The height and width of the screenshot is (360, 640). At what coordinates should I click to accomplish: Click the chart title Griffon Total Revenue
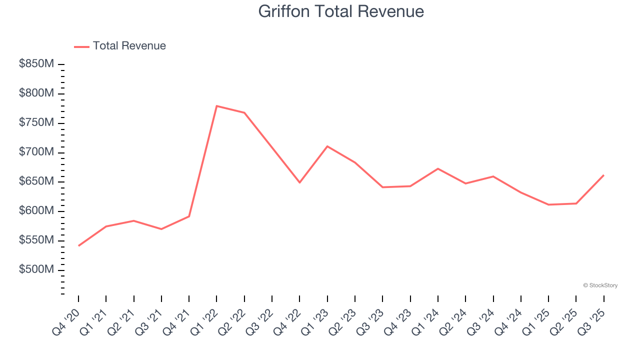pyautogui.click(x=341, y=11)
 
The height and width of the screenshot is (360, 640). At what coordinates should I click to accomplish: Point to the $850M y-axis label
pyautogui.click(x=36, y=64)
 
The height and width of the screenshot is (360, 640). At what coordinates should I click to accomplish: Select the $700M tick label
pyautogui.click(x=36, y=152)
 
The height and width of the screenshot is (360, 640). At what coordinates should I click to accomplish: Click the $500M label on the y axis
pyautogui.click(x=36, y=269)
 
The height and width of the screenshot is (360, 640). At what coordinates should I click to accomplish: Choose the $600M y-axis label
pyautogui.click(x=36, y=211)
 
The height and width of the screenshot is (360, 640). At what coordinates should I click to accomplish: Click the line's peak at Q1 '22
pyautogui.click(x=216, y=106)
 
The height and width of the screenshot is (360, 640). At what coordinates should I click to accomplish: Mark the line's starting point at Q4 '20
pyautogui.click(x=78, y=246)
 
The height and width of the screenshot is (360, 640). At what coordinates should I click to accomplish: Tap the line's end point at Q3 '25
pyautogui.click(x=603, y=175)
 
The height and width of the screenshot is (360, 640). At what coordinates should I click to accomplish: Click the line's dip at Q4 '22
pyautogui.click(x=299, y=182)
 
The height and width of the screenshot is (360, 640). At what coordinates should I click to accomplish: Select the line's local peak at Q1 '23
pyautogui.click(x=327, y=146)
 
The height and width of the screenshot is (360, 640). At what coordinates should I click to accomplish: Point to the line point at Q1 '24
pyautogui.click(x=438, y=168)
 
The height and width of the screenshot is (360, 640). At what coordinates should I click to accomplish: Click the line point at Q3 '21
pyautogui.click(x=161, y=229)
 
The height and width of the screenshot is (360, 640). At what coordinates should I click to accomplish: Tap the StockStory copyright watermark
pyautogui.click(x=600, y=285)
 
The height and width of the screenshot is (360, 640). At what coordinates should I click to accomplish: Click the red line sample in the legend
pyautogui.click(x=81, y=46)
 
